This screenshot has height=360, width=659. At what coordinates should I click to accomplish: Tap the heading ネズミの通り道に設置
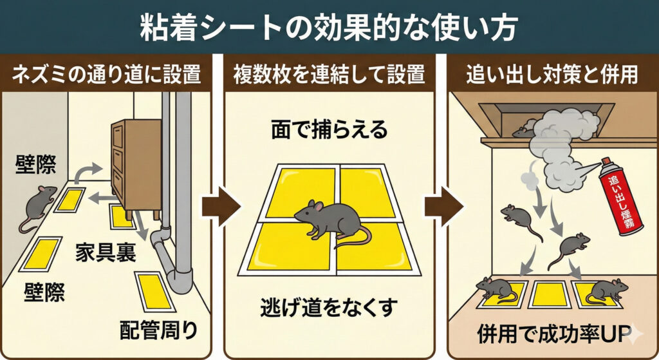[x=106, y=75]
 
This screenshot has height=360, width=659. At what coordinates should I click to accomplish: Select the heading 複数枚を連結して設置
[x=329, y=75]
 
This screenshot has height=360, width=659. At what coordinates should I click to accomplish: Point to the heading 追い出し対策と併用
[x=552, y=75]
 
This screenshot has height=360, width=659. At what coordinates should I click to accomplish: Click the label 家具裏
[x=106, y=252]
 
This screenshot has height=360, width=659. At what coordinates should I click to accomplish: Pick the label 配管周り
[x=158, y=330]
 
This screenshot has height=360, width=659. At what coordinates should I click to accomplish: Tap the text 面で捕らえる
[x=329, y=129]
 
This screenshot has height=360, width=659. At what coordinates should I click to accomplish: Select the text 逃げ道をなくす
[x=329, y=308]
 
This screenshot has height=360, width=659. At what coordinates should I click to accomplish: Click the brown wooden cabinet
[x=136, y=168]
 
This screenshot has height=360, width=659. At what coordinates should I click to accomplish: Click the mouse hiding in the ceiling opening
[x=523, y=131]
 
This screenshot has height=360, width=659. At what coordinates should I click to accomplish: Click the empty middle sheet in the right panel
[x=550, y=294]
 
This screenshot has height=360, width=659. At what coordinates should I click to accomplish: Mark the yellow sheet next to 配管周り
[x=154, y=292]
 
